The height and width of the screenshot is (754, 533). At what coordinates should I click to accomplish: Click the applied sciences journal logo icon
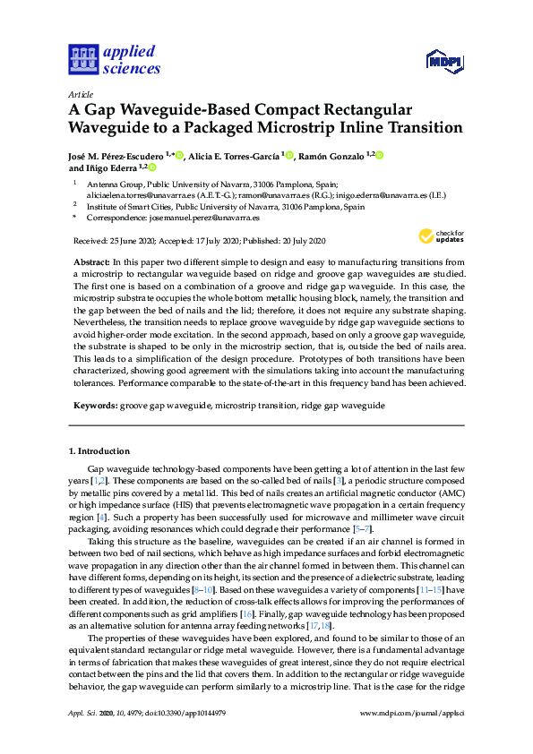tap(82, 60)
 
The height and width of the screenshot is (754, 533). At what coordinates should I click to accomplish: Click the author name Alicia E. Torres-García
tap(232, 156)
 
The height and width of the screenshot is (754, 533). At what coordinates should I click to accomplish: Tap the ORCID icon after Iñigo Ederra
tap(151, 167)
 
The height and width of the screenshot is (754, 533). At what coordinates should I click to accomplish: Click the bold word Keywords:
tap(93, 406)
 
